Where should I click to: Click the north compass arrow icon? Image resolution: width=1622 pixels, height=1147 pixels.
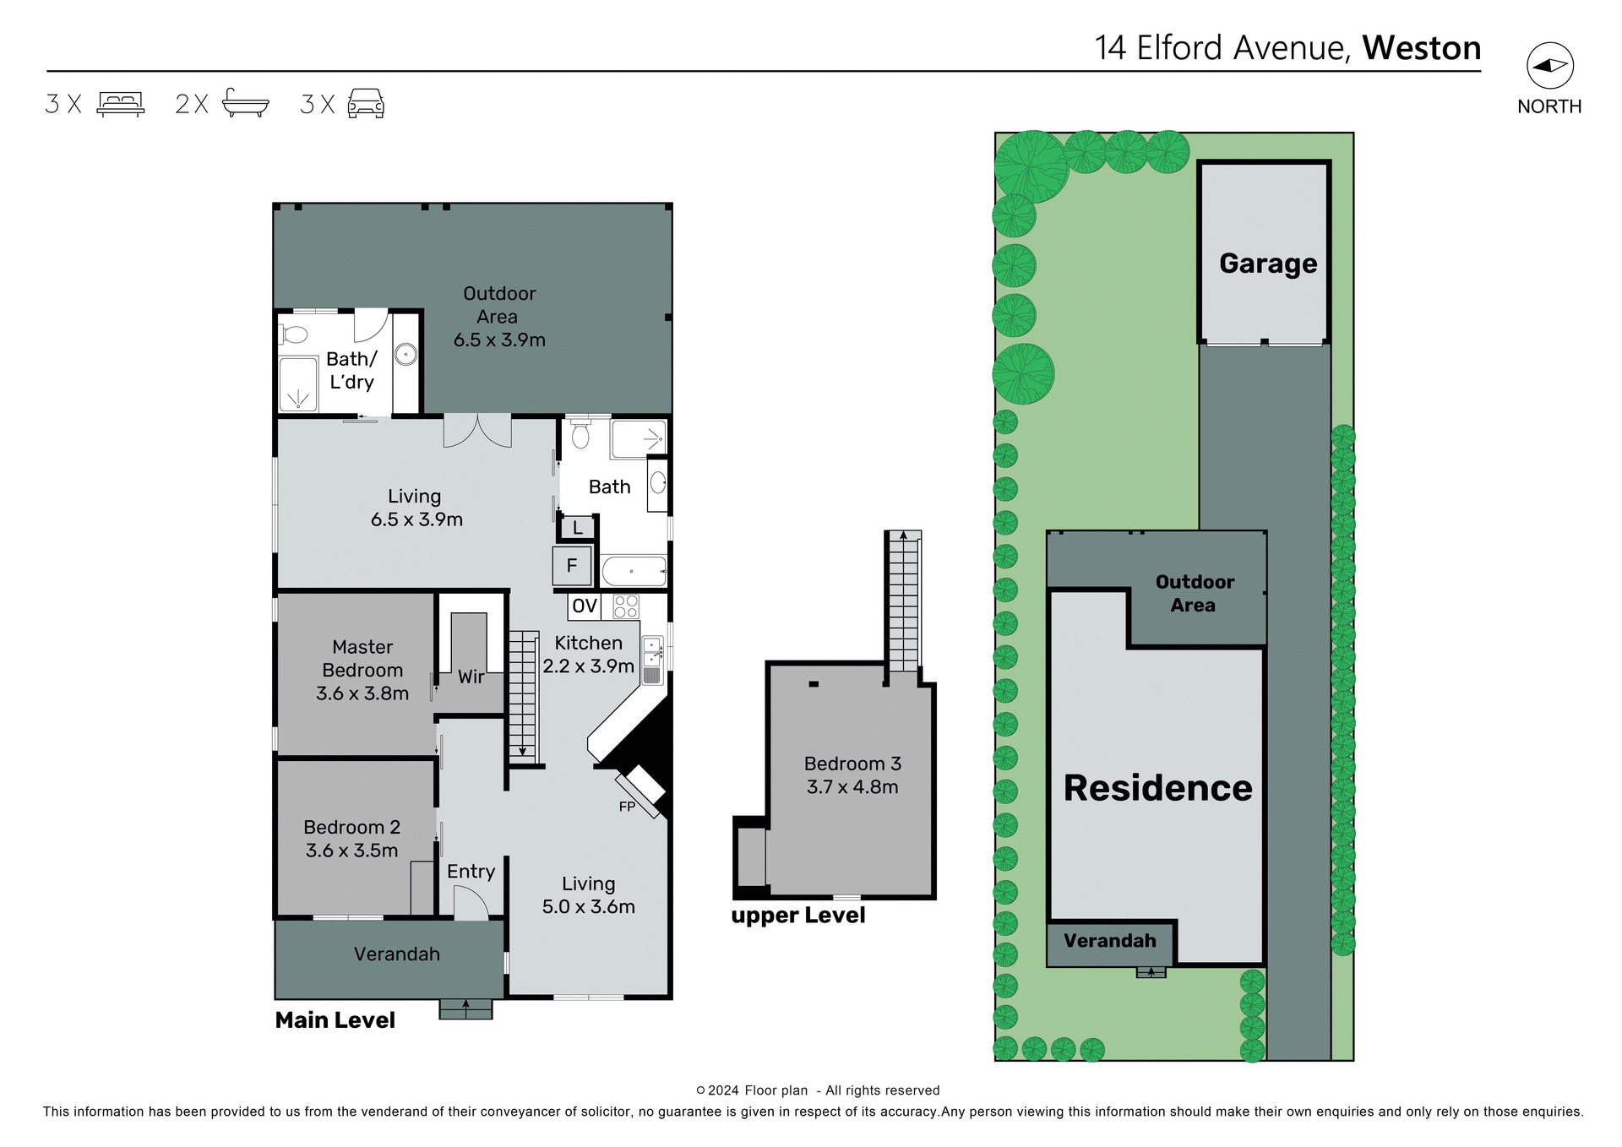pos(1549,66)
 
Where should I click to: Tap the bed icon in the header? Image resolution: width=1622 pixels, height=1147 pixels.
pos(121,104)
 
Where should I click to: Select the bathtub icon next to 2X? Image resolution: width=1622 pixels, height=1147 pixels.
pos(245,103)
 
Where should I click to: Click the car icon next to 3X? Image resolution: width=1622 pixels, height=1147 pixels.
pos(366,103)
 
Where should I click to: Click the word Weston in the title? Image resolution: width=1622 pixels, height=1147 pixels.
pos(1421,48)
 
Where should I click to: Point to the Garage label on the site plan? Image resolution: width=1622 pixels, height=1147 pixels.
pos(1267,264)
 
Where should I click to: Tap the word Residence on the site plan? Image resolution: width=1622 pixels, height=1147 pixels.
pos(1157,787)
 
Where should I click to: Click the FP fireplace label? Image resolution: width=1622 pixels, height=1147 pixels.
pos(627,807)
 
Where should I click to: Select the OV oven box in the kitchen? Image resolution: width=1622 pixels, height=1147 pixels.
pos(585,606)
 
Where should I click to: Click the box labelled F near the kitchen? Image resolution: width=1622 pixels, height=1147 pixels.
pos(572,566)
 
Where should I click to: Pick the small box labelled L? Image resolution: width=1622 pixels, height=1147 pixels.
pos(578,529)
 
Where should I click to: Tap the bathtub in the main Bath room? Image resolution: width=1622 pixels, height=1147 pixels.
pos(634,571)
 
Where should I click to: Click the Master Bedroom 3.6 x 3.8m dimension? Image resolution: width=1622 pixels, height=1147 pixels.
pos(362,693)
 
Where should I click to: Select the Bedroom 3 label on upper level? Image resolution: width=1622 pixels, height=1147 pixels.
pos(852,764)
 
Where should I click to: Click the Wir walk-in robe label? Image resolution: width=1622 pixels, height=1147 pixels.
pos(471,677)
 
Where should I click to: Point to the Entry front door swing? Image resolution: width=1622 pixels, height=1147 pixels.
pos(471,905)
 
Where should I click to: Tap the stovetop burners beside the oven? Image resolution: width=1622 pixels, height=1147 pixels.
pos(626,606)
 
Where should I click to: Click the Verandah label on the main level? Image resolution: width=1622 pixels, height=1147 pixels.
pos(396,954)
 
